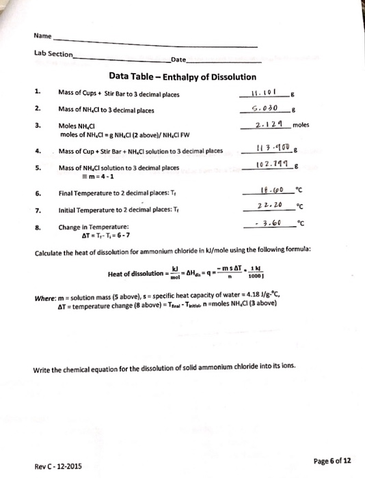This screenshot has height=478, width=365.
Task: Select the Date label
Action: tap(179, 60)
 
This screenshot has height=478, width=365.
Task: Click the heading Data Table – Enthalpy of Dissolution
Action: tap(182, 77)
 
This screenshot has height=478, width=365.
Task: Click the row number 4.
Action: tap(39, 150)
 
